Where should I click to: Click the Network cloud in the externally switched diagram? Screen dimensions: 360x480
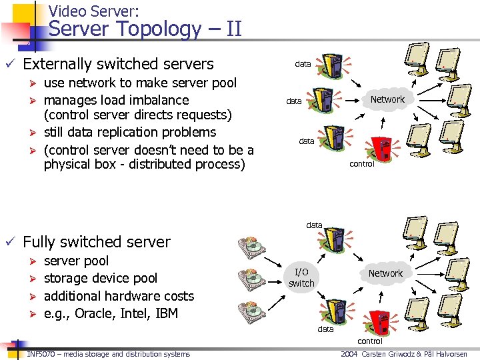tap(387, 99)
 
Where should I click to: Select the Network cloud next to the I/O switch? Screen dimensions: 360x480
tap(385, 273)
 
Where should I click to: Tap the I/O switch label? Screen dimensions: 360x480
tap(301, 277)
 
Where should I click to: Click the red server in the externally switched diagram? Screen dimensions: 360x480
tap(382, 147)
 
